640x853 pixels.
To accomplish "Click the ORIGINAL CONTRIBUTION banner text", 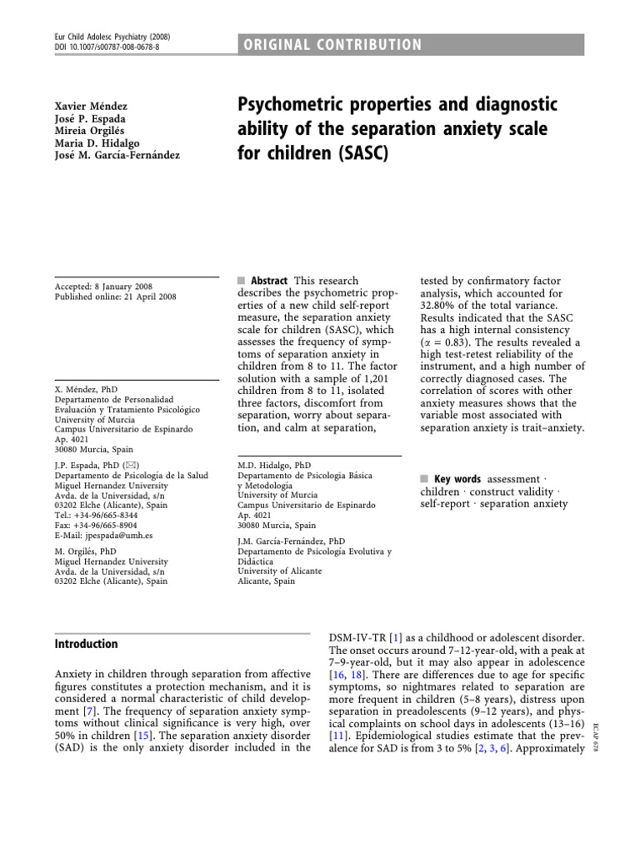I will [x=333, y=45].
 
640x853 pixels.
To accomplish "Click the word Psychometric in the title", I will [x=288, y=106].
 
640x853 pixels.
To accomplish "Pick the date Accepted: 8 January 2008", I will [x=103, y=287].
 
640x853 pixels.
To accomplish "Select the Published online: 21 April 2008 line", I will [x=115, y=297].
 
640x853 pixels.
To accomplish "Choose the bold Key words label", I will [x=457, y=479].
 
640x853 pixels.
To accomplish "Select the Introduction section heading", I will [x=87, y=644].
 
